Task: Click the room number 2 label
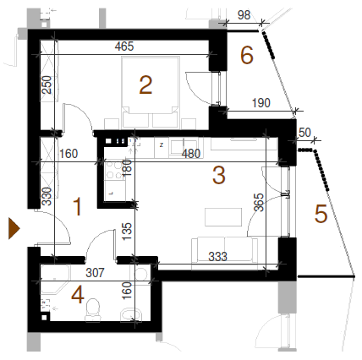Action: pos(145,85)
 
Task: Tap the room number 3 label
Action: pos(219,175)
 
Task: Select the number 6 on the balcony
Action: pos(247,55)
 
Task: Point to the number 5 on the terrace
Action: pos(321,214)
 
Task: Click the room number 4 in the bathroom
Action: pos(78,295)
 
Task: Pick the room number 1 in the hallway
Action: pos(77,207)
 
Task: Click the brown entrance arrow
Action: pos(14,228)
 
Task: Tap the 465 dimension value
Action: pos(124,46)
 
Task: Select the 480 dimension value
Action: pos(191,154)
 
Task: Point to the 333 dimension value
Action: pos(217,257)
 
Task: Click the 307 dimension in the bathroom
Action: pos(95,272)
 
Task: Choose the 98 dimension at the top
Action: pos(244,15)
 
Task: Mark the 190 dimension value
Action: pos(261,103)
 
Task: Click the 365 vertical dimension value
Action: pos(259,202)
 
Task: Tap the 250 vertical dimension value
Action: pos(47,85)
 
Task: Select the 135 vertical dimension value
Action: pos(127,231)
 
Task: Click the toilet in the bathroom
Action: pos(92,309)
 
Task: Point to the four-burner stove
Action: pos(115,171)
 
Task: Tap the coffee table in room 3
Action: pos(223,217)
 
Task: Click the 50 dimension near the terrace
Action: pos(304,133)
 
